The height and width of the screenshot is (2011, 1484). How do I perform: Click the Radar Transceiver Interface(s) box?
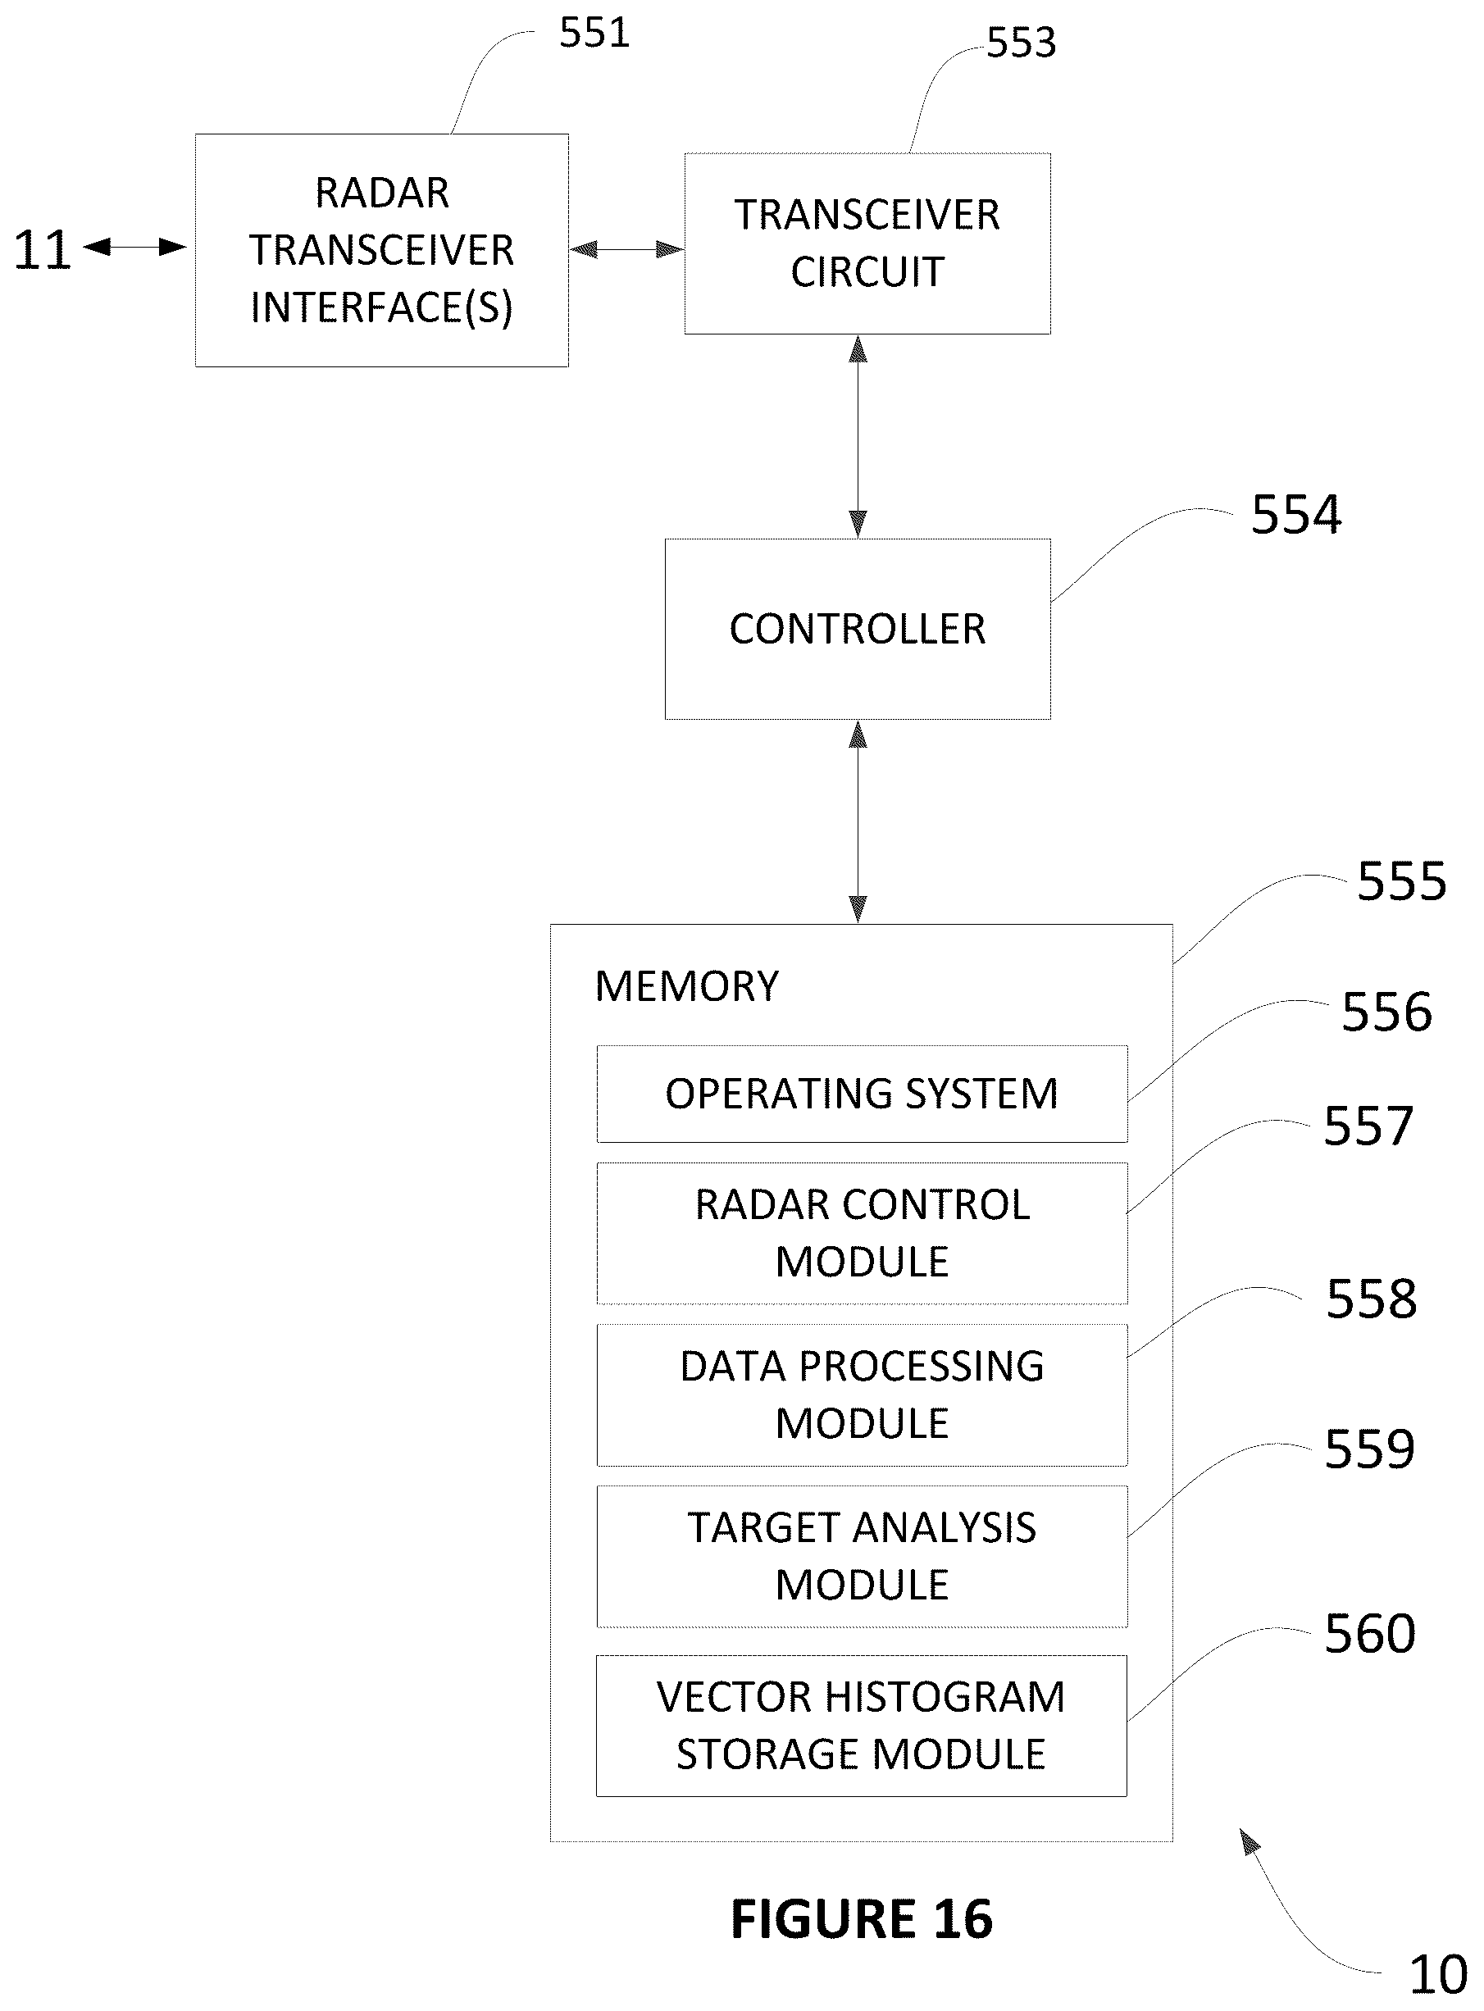tap(382, 251)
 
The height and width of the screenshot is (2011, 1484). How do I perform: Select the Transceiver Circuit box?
tap(867, 243)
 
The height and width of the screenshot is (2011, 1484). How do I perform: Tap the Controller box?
tap(858, 629)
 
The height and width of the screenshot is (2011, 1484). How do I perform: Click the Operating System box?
tap(863, 1094)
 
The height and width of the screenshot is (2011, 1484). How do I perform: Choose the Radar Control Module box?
tap(863, 1233)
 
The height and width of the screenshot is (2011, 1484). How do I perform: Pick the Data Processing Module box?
tap(863, 1395)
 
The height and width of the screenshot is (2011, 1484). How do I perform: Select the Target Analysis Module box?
tap(863, 1557)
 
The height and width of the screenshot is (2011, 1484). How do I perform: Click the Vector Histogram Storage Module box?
tap(862, 1727)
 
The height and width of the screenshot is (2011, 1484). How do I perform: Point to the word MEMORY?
tap(687, 986)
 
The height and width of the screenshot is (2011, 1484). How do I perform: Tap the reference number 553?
tap(1022, 42)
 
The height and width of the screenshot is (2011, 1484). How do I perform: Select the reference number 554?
tap(1296, 515)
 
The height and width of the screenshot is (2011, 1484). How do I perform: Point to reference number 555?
tap(1401, 880)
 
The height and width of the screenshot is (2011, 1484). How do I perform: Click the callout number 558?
tap(1372, 1299)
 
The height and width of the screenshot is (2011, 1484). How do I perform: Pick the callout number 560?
tap(1370, 1633)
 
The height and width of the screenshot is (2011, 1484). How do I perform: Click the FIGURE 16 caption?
tap(863, 1918)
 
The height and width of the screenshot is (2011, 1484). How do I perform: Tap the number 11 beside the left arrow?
tap(42, 250)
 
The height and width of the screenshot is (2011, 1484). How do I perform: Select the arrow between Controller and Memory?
tap(858, 821)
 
